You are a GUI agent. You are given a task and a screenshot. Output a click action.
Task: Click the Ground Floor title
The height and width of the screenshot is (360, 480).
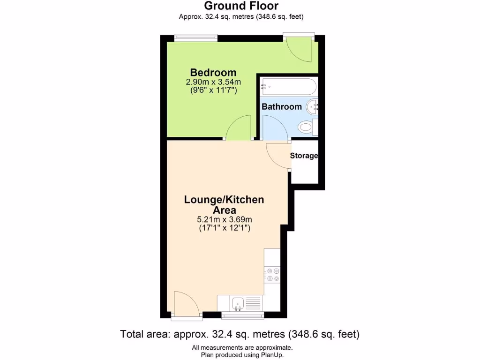tap(241, 6)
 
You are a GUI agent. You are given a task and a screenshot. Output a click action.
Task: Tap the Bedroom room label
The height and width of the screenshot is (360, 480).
tap(213, 73)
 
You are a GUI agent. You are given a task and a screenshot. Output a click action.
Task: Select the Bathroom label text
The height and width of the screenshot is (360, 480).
tap(282, 107)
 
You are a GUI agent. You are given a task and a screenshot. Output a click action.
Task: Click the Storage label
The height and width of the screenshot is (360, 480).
tap(304, 156)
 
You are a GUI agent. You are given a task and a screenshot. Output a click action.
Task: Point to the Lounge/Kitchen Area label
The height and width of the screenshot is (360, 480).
tap(224, 205)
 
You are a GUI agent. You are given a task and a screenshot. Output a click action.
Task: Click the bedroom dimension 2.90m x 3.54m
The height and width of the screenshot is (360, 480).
tap(213, 82)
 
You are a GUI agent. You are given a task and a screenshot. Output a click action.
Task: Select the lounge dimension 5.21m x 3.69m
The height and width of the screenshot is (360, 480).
tap(224, 219)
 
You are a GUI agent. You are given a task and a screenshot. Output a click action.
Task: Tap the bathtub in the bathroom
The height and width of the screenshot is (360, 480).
tap(288, 86)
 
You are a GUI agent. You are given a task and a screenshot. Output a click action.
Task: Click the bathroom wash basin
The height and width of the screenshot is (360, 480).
tap(313, 107)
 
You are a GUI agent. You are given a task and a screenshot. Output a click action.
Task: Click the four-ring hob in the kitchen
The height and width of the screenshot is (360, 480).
tap(272, 274)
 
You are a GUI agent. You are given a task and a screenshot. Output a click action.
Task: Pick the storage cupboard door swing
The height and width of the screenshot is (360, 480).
tap(277, 155)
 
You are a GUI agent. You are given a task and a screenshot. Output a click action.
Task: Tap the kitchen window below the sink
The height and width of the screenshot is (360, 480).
tap(242, 315)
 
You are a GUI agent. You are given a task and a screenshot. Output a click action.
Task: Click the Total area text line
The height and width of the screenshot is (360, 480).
tap(240, 335)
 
